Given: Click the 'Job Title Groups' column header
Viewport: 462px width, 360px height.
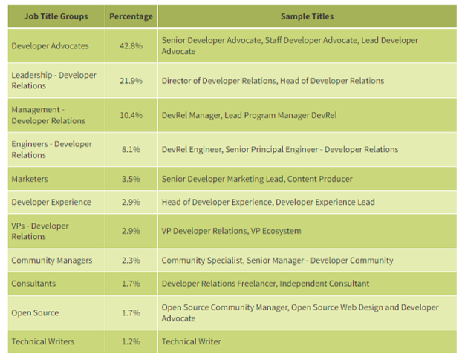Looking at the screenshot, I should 54,16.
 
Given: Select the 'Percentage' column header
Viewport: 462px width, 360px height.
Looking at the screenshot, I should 131,16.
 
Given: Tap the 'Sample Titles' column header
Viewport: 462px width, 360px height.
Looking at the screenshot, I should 307,16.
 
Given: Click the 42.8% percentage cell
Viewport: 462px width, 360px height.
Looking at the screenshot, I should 131,46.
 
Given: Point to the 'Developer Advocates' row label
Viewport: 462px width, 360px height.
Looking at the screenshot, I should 50,46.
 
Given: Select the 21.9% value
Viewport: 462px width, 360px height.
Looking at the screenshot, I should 131,81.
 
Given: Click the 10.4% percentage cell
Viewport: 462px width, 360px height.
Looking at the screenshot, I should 131,115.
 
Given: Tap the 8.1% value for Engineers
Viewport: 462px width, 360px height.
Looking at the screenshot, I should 131,149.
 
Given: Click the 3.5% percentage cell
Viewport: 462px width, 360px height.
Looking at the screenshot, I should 131,179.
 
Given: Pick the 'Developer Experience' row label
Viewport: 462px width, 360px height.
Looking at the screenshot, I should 51,202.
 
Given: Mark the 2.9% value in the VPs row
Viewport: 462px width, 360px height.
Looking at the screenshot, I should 131,231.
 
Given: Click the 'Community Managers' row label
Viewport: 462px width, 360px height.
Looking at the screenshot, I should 51,261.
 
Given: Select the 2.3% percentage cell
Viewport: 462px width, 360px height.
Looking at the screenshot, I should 131,261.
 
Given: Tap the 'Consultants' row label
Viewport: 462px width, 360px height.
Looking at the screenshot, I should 33,284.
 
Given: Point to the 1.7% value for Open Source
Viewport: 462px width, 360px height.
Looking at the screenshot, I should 131,312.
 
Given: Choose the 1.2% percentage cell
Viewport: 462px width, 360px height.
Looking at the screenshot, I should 131,341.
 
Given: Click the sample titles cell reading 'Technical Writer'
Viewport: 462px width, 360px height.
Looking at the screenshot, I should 191,341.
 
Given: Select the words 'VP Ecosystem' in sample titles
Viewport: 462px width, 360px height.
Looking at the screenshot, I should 276,231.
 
